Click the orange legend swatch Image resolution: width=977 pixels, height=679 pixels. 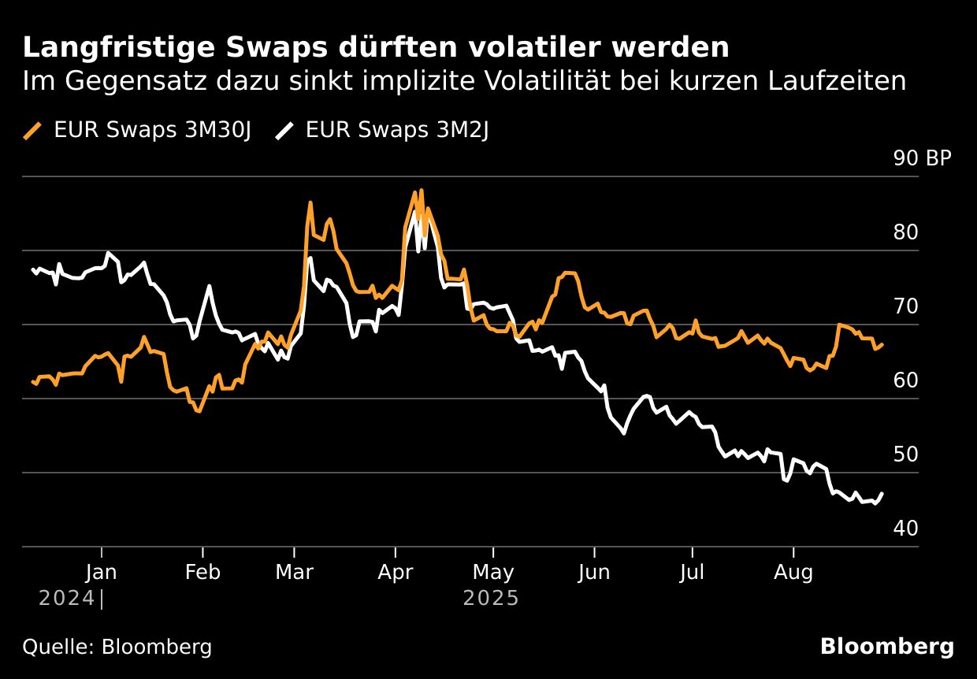tap(33, 131)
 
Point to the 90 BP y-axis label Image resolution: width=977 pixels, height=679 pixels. tap(922, 158)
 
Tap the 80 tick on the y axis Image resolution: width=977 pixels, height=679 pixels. tap(907, 232)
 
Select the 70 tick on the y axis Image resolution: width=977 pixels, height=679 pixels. tap(907, 306)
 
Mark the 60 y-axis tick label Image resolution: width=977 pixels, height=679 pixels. tap(907, 380)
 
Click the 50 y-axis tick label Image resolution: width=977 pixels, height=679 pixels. tap(907, 455)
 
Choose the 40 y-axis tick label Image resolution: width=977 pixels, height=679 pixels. tap(907, 529)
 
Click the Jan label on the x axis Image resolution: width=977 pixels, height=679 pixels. tap(102, 573)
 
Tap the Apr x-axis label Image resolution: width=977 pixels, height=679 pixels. tap(396, 573)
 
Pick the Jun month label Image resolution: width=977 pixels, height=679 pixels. tap(593, 573)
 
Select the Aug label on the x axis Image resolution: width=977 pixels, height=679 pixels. tap(793, 573)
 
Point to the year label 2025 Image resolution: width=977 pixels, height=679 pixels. tap(491, 599)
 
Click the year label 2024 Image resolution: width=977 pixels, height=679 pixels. tap(68, 599)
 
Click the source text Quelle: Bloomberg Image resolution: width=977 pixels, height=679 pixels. tap(117, 647)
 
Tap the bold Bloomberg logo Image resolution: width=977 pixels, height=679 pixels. tap(886, 647)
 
